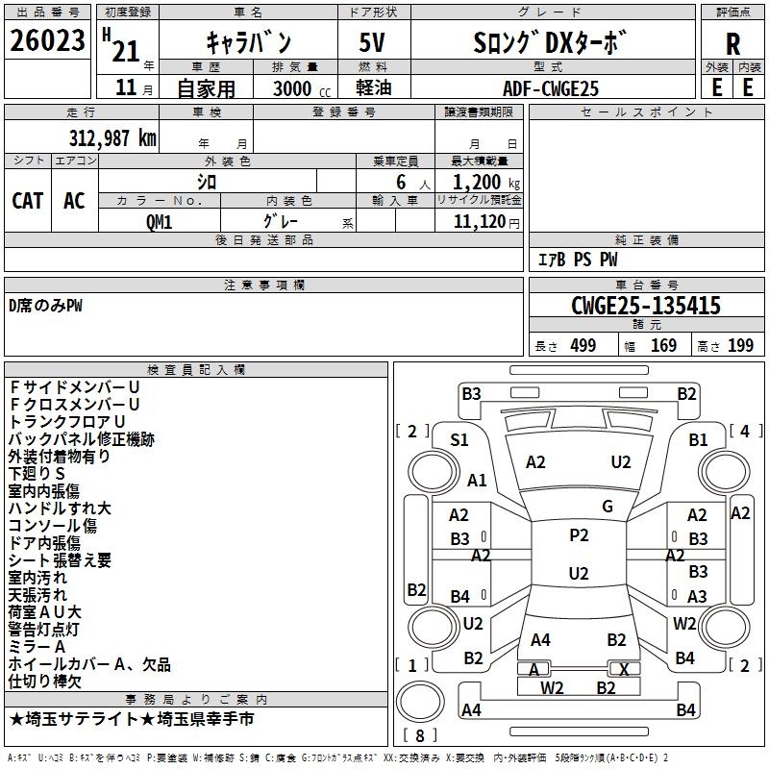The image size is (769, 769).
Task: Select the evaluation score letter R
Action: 732,44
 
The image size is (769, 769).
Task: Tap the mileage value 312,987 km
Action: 112,137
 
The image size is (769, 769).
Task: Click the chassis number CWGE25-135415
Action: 645,307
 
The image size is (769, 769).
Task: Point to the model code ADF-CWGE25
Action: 551,88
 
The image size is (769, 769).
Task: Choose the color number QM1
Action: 159,221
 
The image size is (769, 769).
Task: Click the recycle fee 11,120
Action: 478,221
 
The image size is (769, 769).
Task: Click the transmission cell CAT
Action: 28,201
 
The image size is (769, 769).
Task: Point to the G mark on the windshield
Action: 608,507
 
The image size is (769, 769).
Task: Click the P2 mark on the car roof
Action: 579,535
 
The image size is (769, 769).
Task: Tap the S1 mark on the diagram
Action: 459,440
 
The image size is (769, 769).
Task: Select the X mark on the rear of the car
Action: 625,669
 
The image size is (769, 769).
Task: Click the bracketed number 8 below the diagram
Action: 419,736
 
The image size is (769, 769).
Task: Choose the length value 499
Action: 583,346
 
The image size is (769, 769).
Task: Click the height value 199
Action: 740,346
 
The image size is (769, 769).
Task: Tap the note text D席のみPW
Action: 45,306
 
